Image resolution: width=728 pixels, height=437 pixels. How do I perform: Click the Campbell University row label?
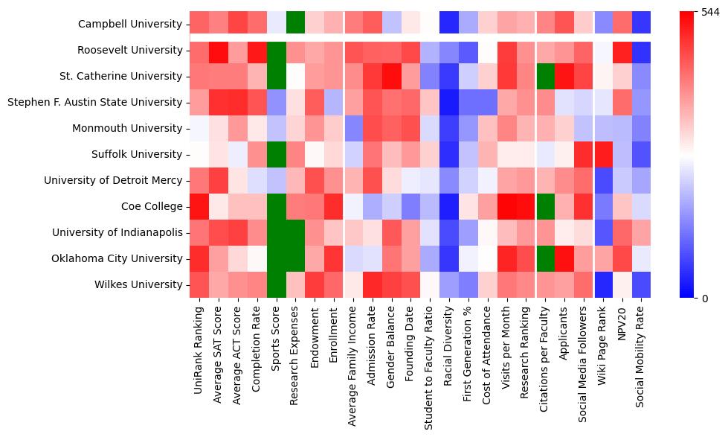coord(131,24)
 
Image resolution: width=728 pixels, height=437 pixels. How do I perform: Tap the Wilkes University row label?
coord(139,284)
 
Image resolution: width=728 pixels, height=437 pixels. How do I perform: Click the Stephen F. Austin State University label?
coord(94,102)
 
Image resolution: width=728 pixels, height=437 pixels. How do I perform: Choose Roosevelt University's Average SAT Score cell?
coord(219,50)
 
